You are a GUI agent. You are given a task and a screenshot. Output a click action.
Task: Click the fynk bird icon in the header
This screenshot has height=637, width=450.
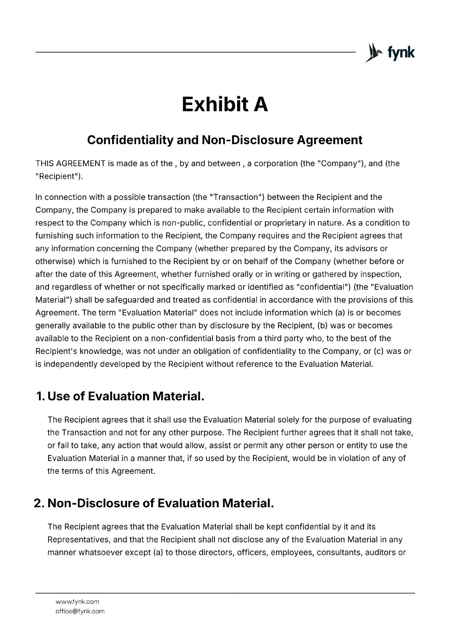[373, 53]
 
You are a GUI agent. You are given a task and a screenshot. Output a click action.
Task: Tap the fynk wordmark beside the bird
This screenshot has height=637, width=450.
[401, 53]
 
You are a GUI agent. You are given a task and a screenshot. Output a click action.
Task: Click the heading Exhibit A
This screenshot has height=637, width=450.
[225, 104]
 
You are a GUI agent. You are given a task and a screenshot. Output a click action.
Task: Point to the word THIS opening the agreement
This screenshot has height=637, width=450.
[45, 164]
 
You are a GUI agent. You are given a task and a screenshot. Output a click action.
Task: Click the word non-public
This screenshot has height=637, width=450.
[185, 223]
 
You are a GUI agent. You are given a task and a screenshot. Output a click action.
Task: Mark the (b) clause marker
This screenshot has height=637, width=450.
[322, 326]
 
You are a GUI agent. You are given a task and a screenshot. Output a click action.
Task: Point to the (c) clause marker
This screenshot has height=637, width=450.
[378, 351]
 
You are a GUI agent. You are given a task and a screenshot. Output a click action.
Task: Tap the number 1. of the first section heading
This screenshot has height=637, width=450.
[40, 397]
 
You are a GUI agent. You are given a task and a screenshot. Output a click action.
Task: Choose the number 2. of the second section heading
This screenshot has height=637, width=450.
[39, 504]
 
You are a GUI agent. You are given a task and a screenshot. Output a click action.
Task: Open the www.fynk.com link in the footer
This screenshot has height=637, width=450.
[77, 602]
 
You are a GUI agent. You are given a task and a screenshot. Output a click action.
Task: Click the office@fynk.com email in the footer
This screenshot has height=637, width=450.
[80, 612]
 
